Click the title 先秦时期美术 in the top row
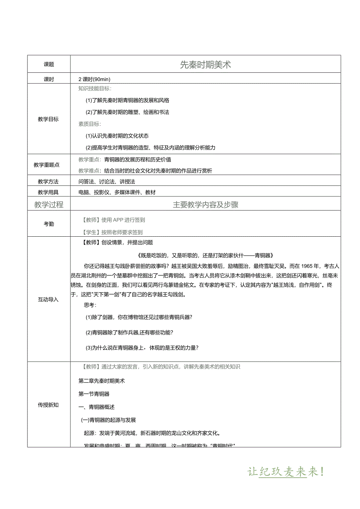click(x=205, y=65)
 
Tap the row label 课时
click(x=49, y=79)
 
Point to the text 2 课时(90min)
click(x=94, y=79)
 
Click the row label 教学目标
click(x=49, y=119)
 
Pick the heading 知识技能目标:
click(x=95, y=88)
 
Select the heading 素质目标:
click(x=90, y=124)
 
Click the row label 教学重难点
click(x=49, y=165)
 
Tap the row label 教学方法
click(x=49, y=182)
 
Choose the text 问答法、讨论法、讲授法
click(x=106, y=182)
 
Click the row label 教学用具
click(x=49, y=192)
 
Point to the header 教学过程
click(x=49, y=205)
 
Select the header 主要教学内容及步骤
click(x=205, y=205)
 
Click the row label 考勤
click(x=49, y=224)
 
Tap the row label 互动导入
click(x=49, y=300)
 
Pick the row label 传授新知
click(x=49, y=405)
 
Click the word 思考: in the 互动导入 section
click(x=90, y=305)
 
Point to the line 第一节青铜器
click(x=94, y=394)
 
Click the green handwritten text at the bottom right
click(x=286, y=472)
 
